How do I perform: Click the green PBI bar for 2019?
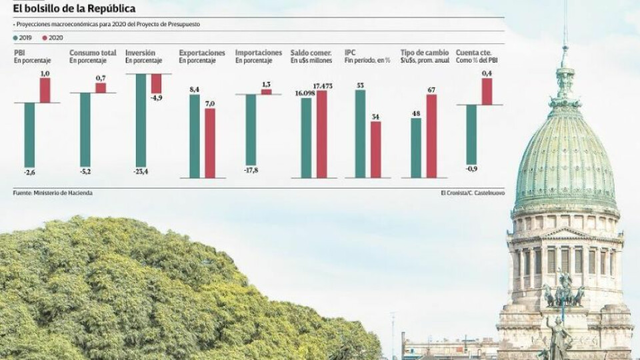[29, 134]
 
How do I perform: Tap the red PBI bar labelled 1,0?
[45, 90]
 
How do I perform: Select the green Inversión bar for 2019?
[141, 119]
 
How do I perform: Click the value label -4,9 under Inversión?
[157, 98]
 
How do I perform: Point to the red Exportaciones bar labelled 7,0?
[210, 143]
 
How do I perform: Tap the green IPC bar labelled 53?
[360, 133]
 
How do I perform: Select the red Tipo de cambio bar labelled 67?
[431, 136]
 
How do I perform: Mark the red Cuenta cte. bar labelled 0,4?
[487, 91]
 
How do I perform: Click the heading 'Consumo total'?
[93, 53]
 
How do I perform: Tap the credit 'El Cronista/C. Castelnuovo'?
[472, 193]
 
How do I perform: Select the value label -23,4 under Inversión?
[140, 171]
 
